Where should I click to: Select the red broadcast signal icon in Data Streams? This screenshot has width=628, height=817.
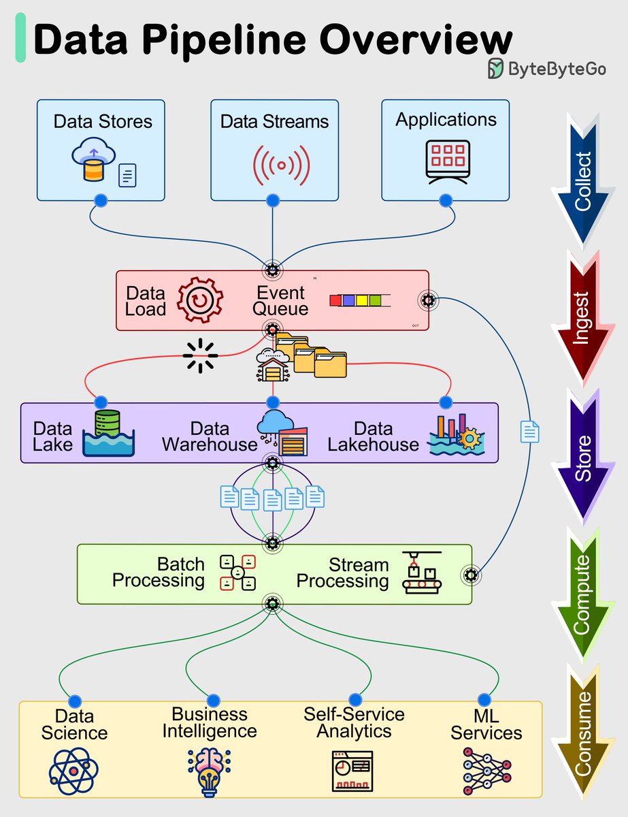(x=281, y=164)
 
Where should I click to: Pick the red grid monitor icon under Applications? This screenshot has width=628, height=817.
(x=447, y=161)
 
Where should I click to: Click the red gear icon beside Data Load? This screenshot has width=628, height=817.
(x=200, y=300)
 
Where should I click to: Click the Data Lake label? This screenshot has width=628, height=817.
(x=52, y=436)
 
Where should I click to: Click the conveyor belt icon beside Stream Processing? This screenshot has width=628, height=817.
(x=421, y=573)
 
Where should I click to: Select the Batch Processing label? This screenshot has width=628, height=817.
(x=159, y=573)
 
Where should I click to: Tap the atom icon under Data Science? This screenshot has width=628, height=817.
(x=73, y=771)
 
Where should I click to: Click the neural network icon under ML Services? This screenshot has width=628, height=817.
(x=486, y=769)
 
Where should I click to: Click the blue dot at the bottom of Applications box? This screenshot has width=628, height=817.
(x=446, y=200)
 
